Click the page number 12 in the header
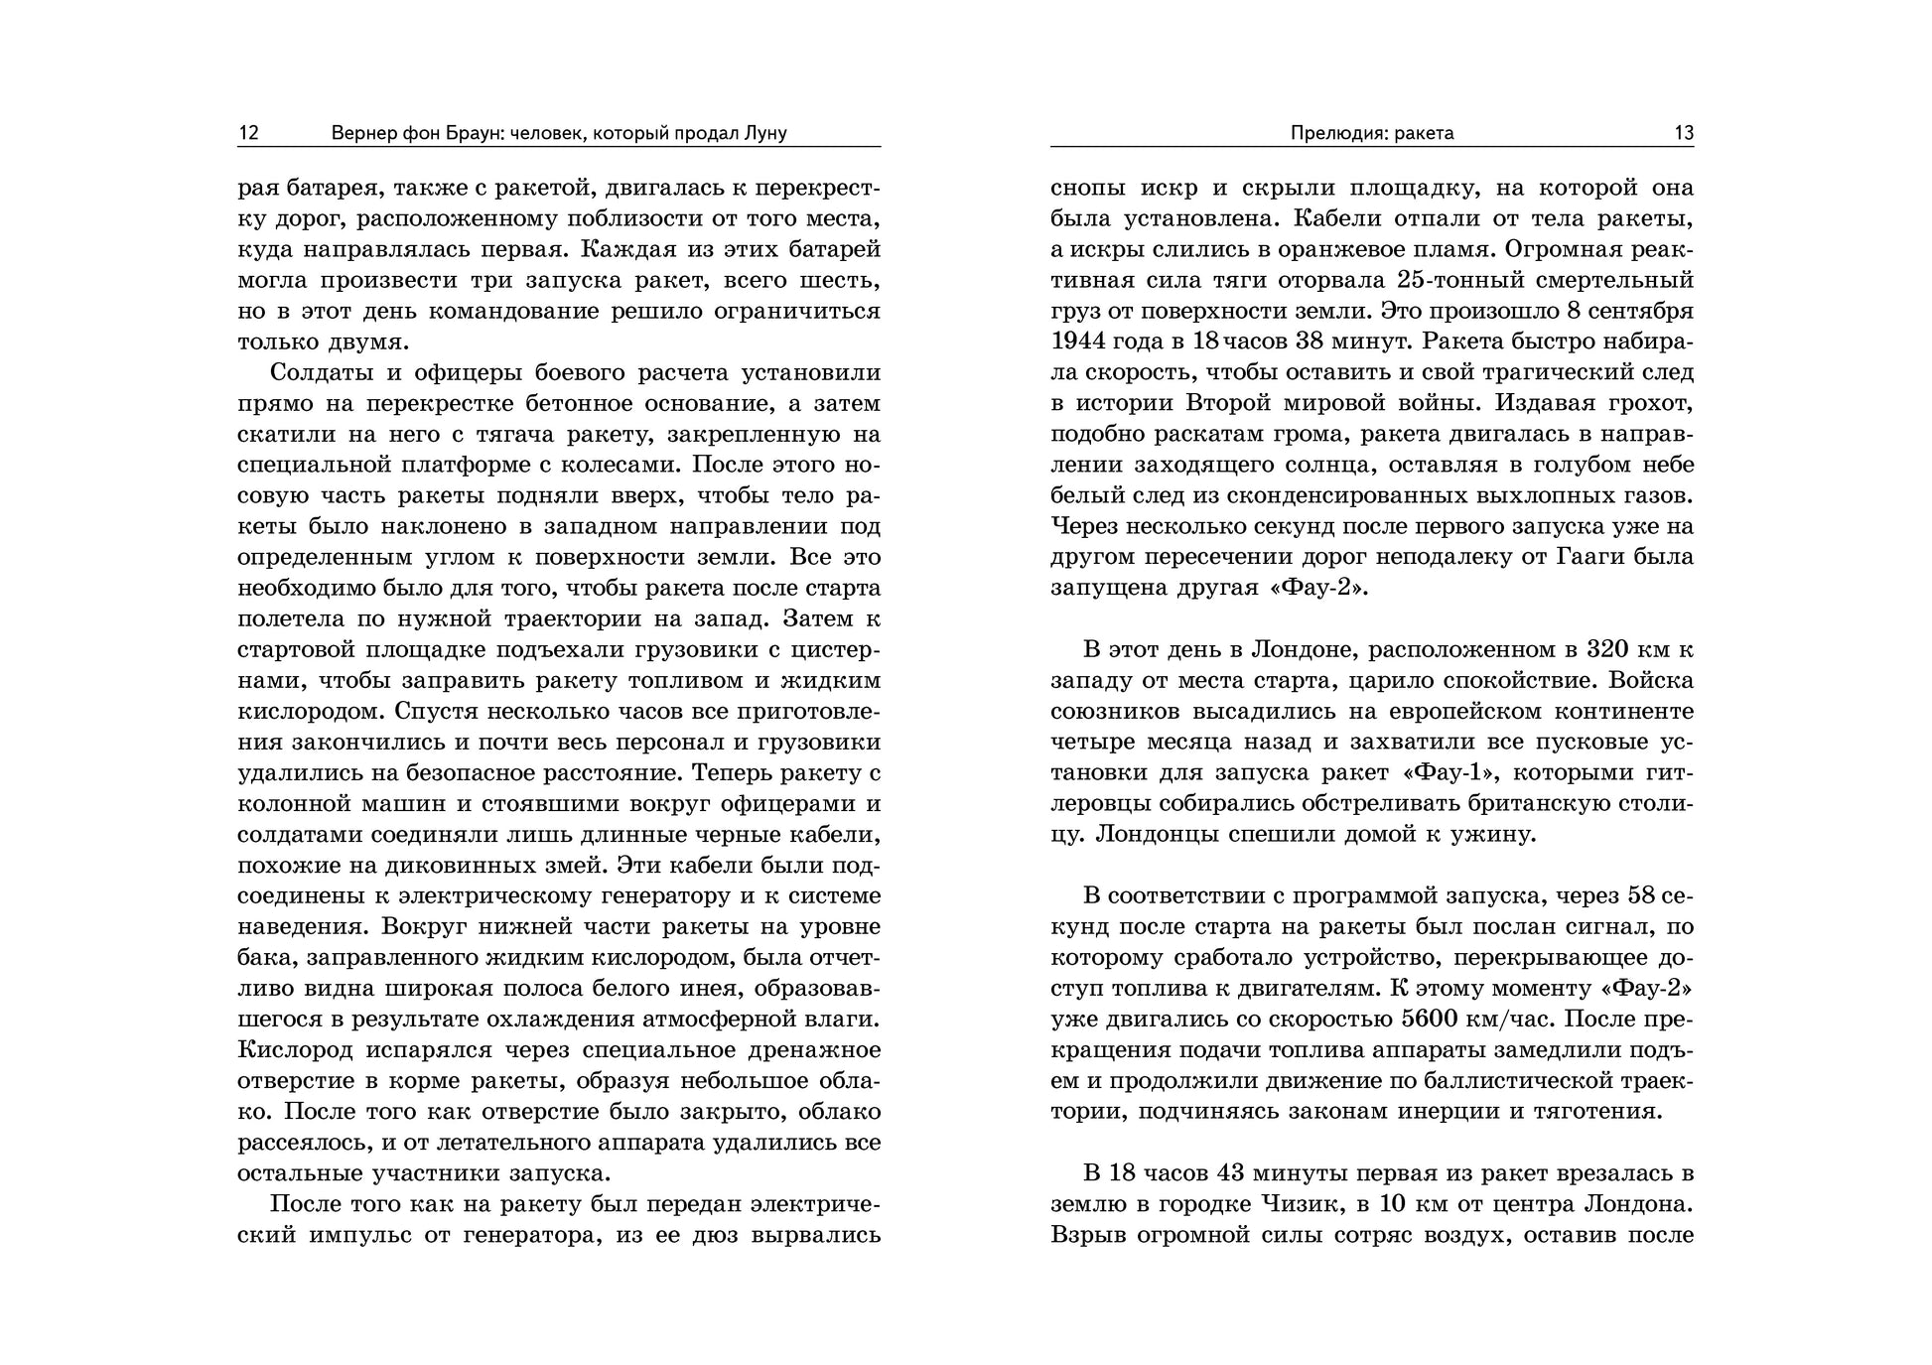click(x=248, y=133)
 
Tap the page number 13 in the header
click(x=1684, y=133)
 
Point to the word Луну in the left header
click(x=764, y=133)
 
